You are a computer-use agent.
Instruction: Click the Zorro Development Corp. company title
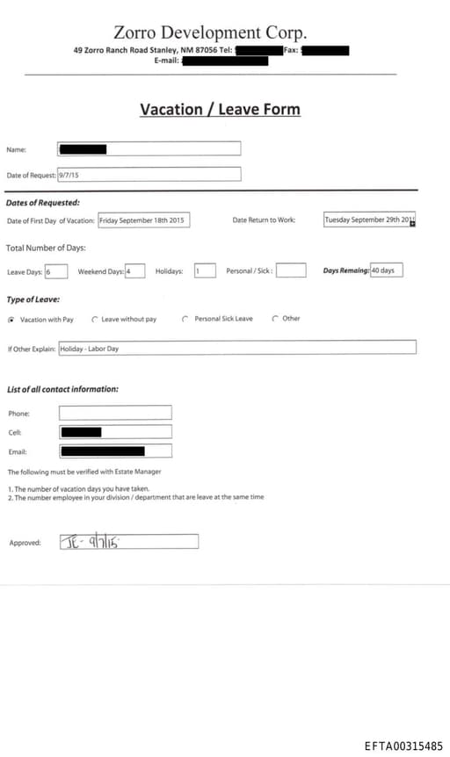click(210, 32)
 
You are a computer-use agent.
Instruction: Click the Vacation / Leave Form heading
click(220, 110)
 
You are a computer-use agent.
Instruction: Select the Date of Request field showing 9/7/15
click(149, 175)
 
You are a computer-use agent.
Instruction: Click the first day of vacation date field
click(143, 220)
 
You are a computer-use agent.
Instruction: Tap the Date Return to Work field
click(369, 220)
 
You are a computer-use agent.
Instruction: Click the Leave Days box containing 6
click(55, 271)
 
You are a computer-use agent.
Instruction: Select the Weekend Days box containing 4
click(134, 271)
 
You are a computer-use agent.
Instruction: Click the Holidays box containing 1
click(205, 271)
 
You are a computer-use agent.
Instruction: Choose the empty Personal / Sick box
click(291, 271)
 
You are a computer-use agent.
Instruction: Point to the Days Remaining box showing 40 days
click(386, 270)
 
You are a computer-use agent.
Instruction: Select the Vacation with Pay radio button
click(11, 320)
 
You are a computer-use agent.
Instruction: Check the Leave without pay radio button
click(95, 320)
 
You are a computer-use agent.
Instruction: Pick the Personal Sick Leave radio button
click(185, 319)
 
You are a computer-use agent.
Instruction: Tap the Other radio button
click(275, 319)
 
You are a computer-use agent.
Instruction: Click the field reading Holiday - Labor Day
click(237, 348)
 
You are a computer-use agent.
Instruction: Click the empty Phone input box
click(115, 413)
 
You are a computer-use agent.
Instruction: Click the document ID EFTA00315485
click(403, 746)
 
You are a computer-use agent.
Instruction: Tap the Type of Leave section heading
click(33, 299)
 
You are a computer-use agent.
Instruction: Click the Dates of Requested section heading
click(43, 203)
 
